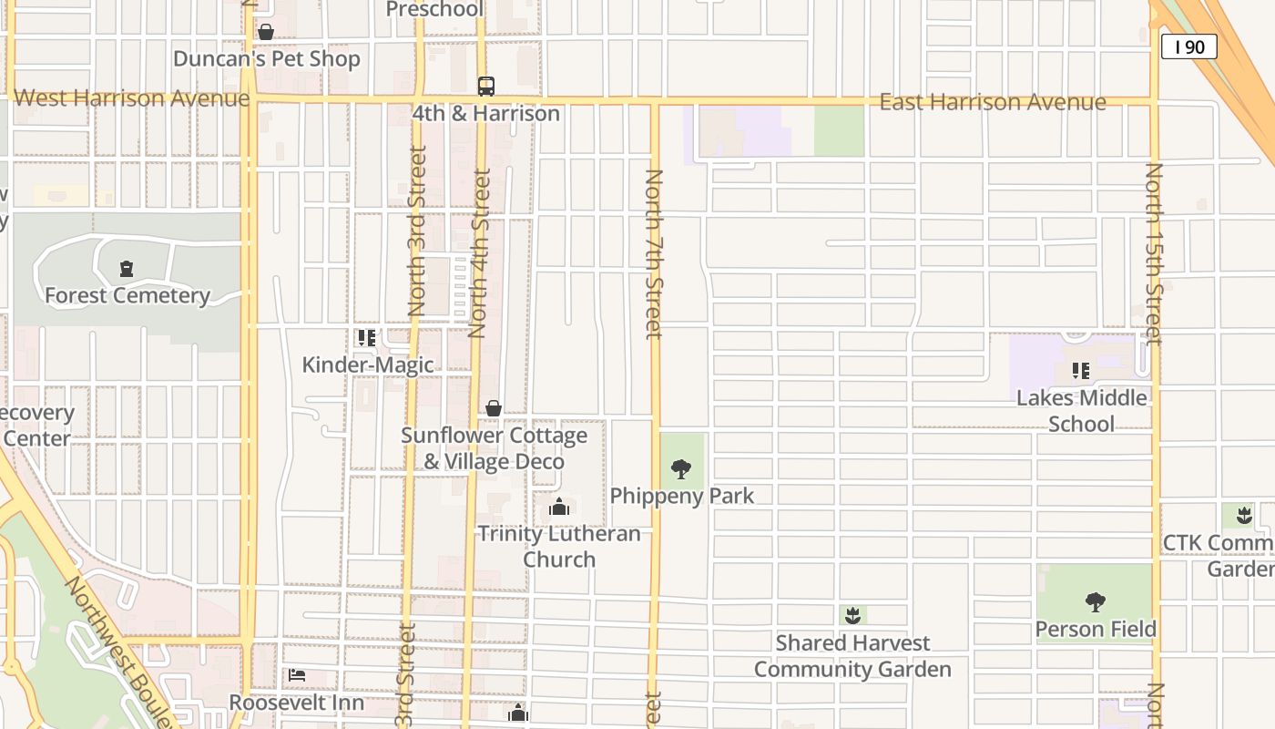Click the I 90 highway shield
point(1188,46)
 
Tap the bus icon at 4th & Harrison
point(486,87)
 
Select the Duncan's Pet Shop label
point(267,59)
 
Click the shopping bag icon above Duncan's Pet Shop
point(266,33)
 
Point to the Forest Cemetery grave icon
point(127,269)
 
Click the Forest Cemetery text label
point(127,295)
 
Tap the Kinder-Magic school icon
point(367,338)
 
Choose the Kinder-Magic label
point(367,365)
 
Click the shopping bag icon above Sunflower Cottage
point(494,408)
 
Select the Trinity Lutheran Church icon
point(559,507)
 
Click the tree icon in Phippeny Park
point(680,469)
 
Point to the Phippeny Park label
point(682,496)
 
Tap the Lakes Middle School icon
point(1081,371)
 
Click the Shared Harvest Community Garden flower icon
point(852,616)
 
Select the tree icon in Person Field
point(1096,601)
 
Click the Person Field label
point(1096,629)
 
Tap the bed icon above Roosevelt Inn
point(297,675)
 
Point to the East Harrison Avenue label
point(992,102)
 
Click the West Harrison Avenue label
point(131,98)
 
